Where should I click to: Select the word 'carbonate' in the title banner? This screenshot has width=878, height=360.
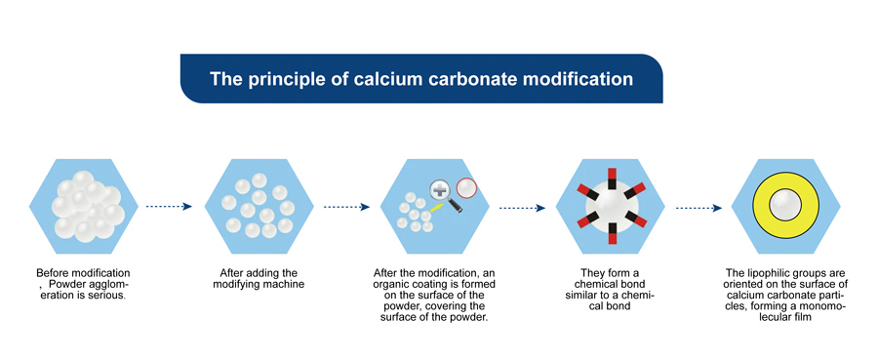pyautogui.click(x=458, y=78)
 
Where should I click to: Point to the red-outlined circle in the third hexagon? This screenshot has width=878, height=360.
pyautogui.click(x=465, y=186)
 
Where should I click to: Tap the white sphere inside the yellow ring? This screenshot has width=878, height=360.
pyautogui.click(x=785, y=205)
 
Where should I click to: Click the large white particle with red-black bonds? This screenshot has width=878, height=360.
pyautogui.click(x=610, y=207)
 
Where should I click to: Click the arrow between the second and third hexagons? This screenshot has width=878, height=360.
pyautogui.click(x=347, y=207)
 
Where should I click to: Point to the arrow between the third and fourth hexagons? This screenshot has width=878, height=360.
pyautogui.click(x=522, y=207)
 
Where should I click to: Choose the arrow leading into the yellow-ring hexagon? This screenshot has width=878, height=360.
pyautogui.click(x=699, y=207)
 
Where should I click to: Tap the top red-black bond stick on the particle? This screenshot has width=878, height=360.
pyautogui.click(x=610, y=178)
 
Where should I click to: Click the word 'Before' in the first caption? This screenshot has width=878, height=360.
pyautogui.click(x=56, y=272)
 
